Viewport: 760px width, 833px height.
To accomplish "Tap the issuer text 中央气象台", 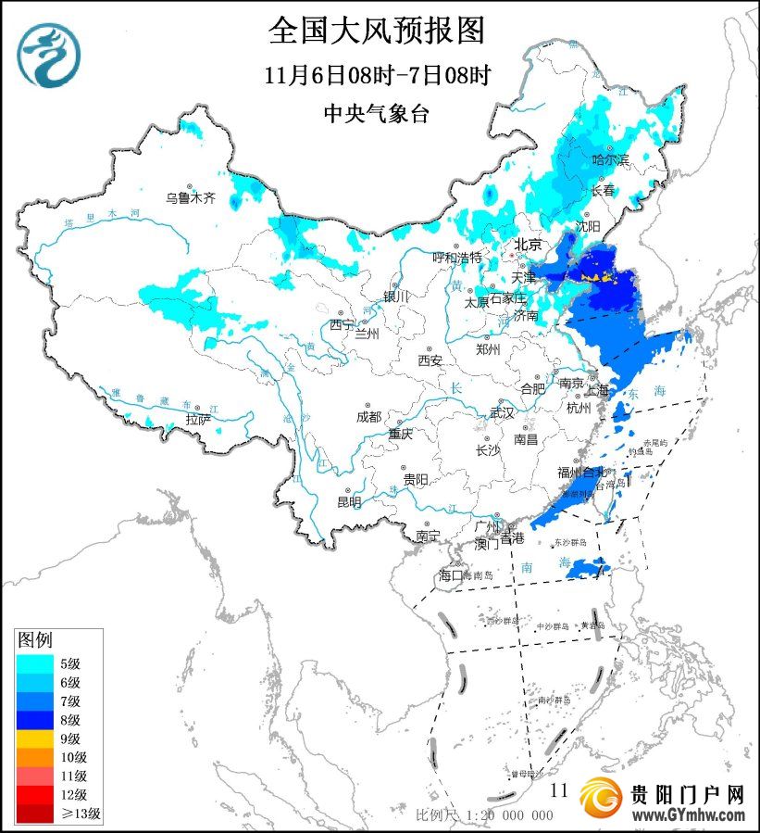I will pos(377,113).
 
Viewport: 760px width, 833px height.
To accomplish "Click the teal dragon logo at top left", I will pos(49,55).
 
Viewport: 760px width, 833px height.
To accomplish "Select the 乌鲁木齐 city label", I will pos(190,197).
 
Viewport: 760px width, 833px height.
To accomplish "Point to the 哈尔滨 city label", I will pos(610,160).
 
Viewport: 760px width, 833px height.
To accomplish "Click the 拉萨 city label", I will pos(198,420).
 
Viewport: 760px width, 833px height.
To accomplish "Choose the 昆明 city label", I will pos(349,502).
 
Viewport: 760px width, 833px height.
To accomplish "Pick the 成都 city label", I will pos(368,417).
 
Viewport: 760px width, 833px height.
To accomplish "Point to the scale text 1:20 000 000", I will pos(508,815).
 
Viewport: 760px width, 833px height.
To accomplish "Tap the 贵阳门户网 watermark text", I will pos(687,794).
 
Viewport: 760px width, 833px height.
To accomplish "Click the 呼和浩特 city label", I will pos(457,257).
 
